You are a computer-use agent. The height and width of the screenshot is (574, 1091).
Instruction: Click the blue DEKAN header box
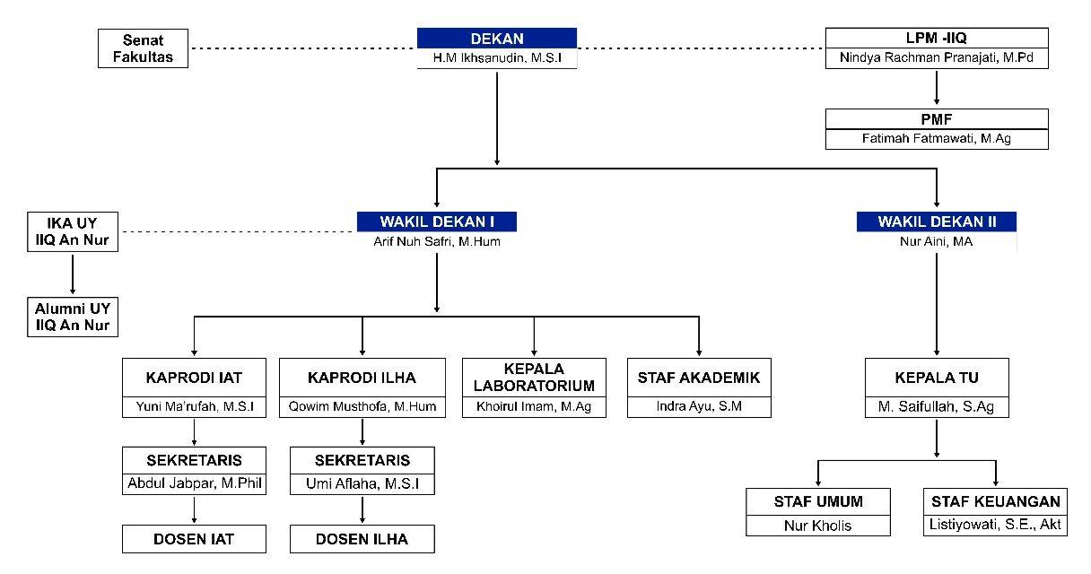(496, 39)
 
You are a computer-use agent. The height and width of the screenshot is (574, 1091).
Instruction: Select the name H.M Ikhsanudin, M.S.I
(496, 60)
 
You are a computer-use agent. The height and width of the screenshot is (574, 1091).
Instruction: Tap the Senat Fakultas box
(143, 48)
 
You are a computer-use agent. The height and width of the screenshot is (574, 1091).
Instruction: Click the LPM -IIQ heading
(936, 39)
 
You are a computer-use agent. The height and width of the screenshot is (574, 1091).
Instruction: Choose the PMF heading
(936, 118)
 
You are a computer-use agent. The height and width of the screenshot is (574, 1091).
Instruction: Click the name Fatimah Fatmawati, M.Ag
(936, 139)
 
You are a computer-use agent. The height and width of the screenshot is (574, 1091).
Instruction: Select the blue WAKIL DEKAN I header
(437, 221)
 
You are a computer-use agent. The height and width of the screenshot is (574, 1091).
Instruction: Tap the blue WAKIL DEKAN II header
(936, 221)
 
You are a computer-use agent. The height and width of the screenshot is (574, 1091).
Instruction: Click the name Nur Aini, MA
(936, 241)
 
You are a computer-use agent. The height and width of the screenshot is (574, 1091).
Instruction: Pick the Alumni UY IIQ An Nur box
(73, 317)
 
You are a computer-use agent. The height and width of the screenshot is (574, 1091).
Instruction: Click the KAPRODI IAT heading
(194, 378)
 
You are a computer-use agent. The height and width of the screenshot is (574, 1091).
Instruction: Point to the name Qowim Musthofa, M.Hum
(362, 406)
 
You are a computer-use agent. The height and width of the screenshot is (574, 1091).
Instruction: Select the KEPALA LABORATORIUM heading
(535, 378)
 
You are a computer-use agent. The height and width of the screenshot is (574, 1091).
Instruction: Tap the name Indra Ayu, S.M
(699, 406)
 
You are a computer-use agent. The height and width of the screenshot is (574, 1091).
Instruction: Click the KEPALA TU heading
(936, 378)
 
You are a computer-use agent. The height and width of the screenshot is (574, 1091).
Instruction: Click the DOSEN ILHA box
(362, 539)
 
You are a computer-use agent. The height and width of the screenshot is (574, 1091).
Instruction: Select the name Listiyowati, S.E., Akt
(995, 525)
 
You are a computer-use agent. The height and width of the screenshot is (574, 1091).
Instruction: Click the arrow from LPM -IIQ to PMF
(936, 88)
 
